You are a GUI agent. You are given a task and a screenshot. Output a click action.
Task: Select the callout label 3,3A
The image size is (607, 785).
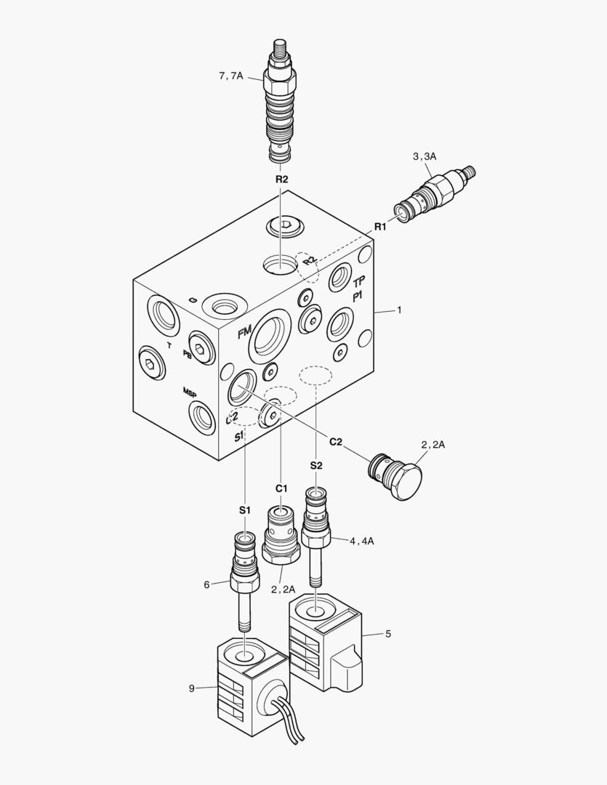click(x=424, y=156)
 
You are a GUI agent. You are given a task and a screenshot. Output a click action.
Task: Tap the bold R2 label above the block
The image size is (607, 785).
click(x=281, y=179)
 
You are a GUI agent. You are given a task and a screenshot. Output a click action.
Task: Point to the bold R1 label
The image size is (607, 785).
click(x=381, y=228)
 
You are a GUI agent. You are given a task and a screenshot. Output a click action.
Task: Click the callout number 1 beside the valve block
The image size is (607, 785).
click(x=398, y=310)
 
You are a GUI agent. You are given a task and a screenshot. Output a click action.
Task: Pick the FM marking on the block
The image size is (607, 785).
click(x=244, y=333)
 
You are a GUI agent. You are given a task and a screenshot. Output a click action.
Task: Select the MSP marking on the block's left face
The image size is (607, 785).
click(x=190, y=392)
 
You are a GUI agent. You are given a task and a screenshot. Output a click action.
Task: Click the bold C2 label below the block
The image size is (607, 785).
click(x=336, y=441)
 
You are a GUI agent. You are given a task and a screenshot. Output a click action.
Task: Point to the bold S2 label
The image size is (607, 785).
click(x=315, y=465)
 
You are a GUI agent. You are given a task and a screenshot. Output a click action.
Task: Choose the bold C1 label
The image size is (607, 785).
click(x=281, y=488)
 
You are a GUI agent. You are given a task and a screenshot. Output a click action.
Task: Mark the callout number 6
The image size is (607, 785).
click(x=206, y=583)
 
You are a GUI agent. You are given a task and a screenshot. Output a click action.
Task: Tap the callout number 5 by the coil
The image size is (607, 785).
click(x=387, y=634)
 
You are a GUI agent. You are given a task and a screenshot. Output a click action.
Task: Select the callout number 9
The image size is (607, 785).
click(x=191, y=688)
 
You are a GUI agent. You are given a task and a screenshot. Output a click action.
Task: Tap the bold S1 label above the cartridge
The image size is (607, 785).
click(x=245, y=511)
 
